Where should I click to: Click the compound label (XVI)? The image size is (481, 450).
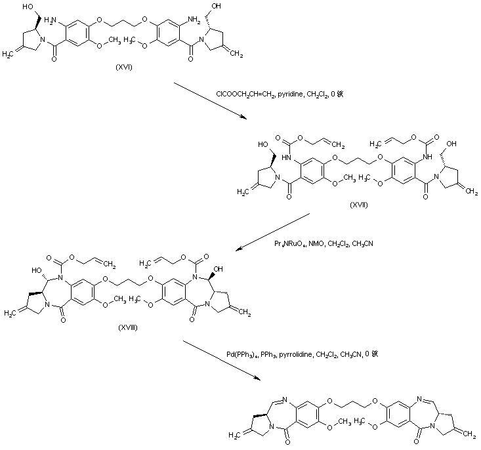pos(122,68)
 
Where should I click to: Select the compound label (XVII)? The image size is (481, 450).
pos(359,205)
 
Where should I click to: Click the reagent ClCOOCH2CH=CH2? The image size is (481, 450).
pos(247,94)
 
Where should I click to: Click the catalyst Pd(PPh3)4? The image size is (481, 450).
pos(240,354)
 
